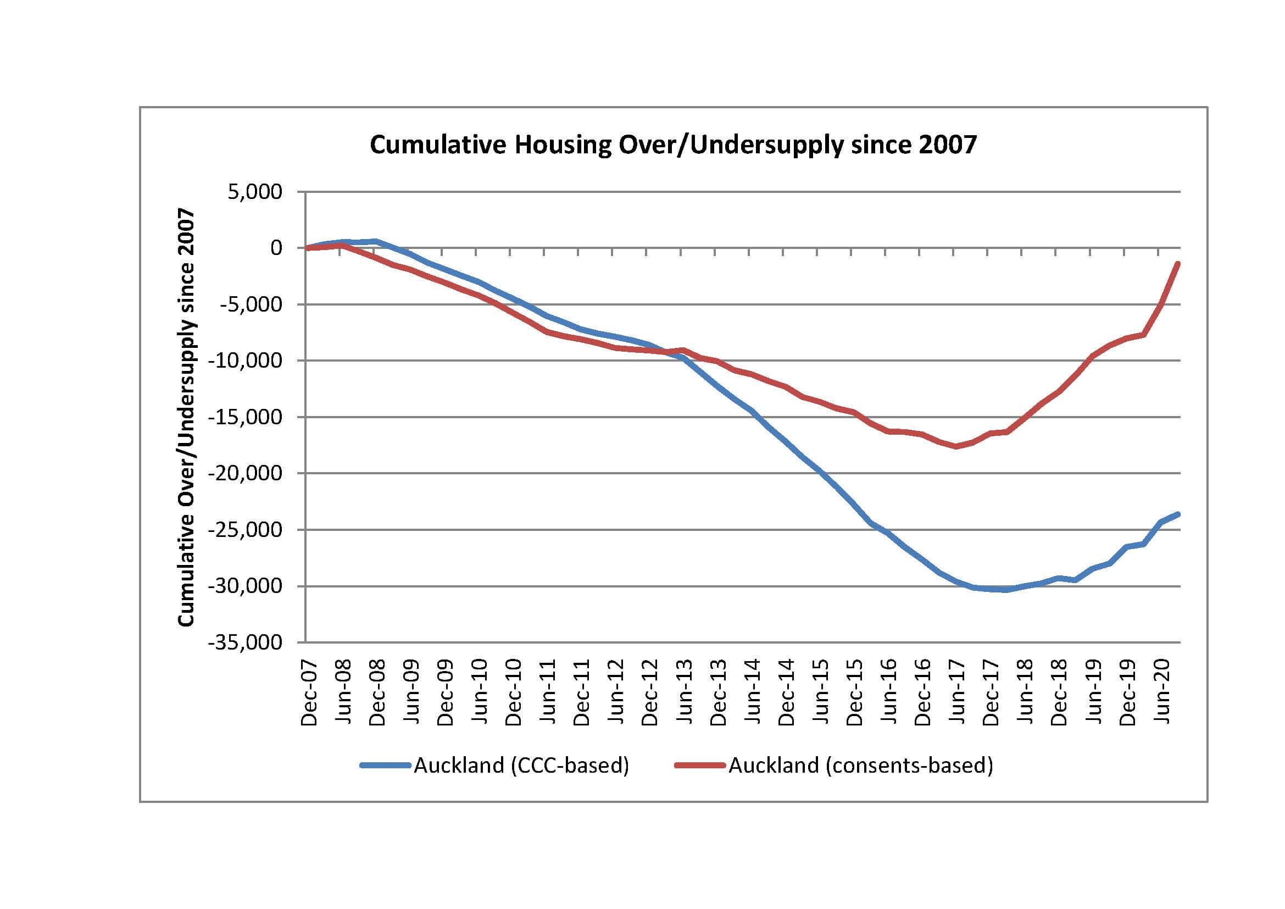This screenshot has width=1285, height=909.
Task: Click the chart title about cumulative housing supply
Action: (673, 145)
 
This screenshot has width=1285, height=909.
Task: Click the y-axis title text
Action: (186, 417)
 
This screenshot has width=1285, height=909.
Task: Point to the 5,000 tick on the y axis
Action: (255, 192)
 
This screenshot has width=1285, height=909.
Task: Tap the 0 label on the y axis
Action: (276, 247)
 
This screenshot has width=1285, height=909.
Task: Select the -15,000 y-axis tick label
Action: (245, 417)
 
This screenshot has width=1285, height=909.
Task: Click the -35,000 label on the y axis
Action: (245, 642)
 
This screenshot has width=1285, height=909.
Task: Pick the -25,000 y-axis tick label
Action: (245, 529)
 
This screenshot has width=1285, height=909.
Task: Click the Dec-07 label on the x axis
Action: (309, 692)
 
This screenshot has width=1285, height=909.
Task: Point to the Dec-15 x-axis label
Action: (855, 692)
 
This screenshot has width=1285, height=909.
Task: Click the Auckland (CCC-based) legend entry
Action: (521, 764)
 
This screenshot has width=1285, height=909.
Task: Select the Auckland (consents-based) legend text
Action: (861, 764)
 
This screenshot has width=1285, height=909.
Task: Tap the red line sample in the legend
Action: (699, 764)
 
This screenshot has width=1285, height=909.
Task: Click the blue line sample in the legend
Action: (385, 764)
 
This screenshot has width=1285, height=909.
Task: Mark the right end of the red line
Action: (1178, 264)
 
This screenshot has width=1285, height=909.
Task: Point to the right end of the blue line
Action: (1178, 514)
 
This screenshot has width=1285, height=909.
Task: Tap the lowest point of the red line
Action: (956, 446)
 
